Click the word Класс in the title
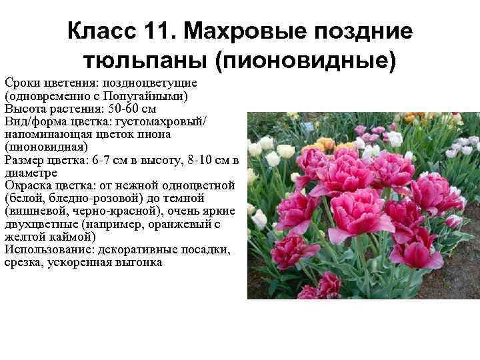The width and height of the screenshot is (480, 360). point(100,31)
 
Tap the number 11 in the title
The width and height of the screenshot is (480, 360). point(155,31)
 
